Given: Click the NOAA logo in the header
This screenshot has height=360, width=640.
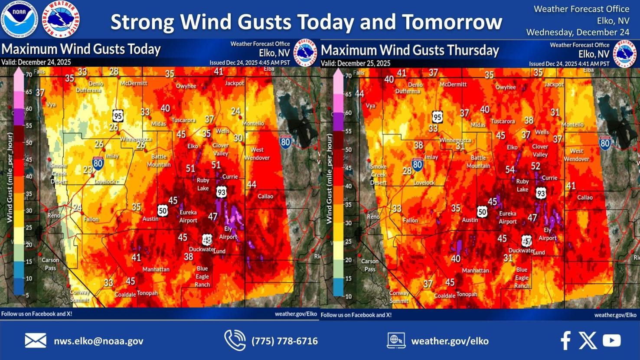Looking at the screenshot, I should point(20,19).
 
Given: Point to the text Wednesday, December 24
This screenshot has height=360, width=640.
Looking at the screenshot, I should point(578,32).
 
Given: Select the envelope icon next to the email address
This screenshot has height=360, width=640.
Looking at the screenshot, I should point(36,341).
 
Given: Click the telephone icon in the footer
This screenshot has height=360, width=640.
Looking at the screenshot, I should point(235,340).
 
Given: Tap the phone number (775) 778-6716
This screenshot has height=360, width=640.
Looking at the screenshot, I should point(284,341).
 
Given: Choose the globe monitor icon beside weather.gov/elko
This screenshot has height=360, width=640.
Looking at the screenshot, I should point(396,340).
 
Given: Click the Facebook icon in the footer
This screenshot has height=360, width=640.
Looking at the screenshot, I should point(565,340).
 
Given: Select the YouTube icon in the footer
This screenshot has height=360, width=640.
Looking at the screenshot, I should point(611,340).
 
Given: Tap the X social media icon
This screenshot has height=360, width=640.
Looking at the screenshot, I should point(588,340).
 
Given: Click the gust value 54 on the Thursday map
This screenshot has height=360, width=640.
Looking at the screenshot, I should point(510,170).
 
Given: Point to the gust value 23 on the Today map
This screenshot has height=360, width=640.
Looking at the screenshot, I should point(88,170).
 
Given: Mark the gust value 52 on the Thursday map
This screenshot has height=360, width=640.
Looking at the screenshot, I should point(536,166).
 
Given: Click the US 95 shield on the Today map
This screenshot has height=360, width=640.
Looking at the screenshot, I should point(118,116).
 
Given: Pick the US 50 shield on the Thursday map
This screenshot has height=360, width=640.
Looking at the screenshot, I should point(482,212).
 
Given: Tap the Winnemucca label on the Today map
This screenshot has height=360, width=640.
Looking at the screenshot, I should point(136,139).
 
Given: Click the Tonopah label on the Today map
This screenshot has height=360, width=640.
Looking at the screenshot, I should point(147,293).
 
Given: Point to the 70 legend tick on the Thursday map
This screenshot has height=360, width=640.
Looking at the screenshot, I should point(348,76).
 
